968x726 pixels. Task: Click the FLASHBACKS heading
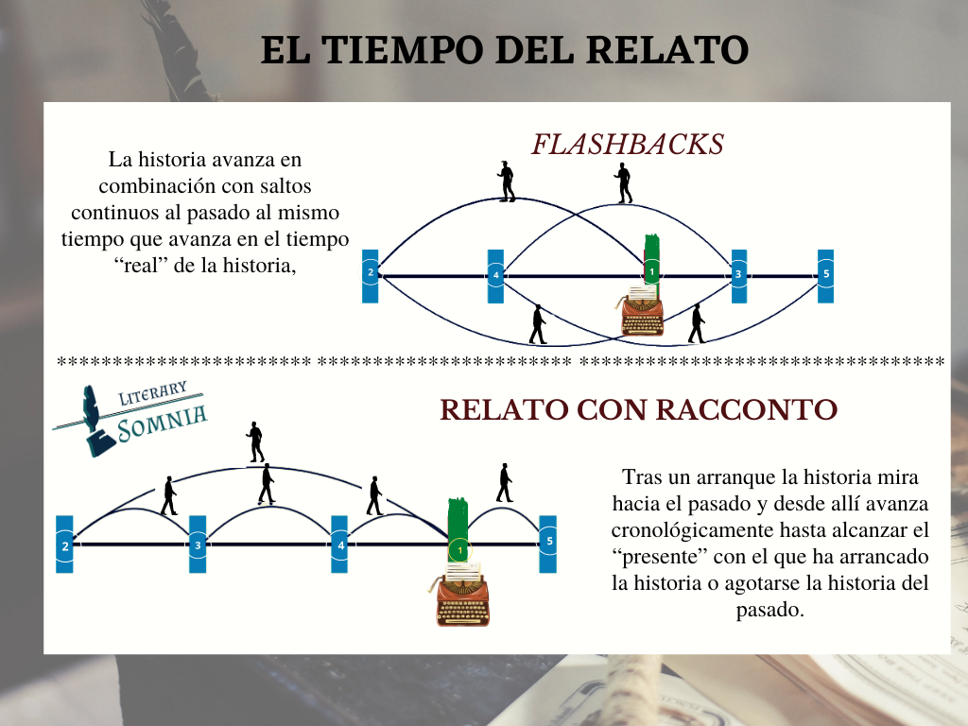click(628, 145)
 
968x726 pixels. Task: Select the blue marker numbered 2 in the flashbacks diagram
click(371, 275)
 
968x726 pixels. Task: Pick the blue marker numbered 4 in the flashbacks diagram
click(495, 275)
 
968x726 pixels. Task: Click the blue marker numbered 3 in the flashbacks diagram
click(738, 275)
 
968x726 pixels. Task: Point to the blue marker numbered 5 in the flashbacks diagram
click(825, 275)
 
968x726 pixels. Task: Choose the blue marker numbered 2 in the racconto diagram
click(64, 544)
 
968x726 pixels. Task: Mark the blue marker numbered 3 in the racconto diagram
click(198, 544)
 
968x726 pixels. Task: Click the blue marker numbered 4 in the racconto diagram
click(339, 544)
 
